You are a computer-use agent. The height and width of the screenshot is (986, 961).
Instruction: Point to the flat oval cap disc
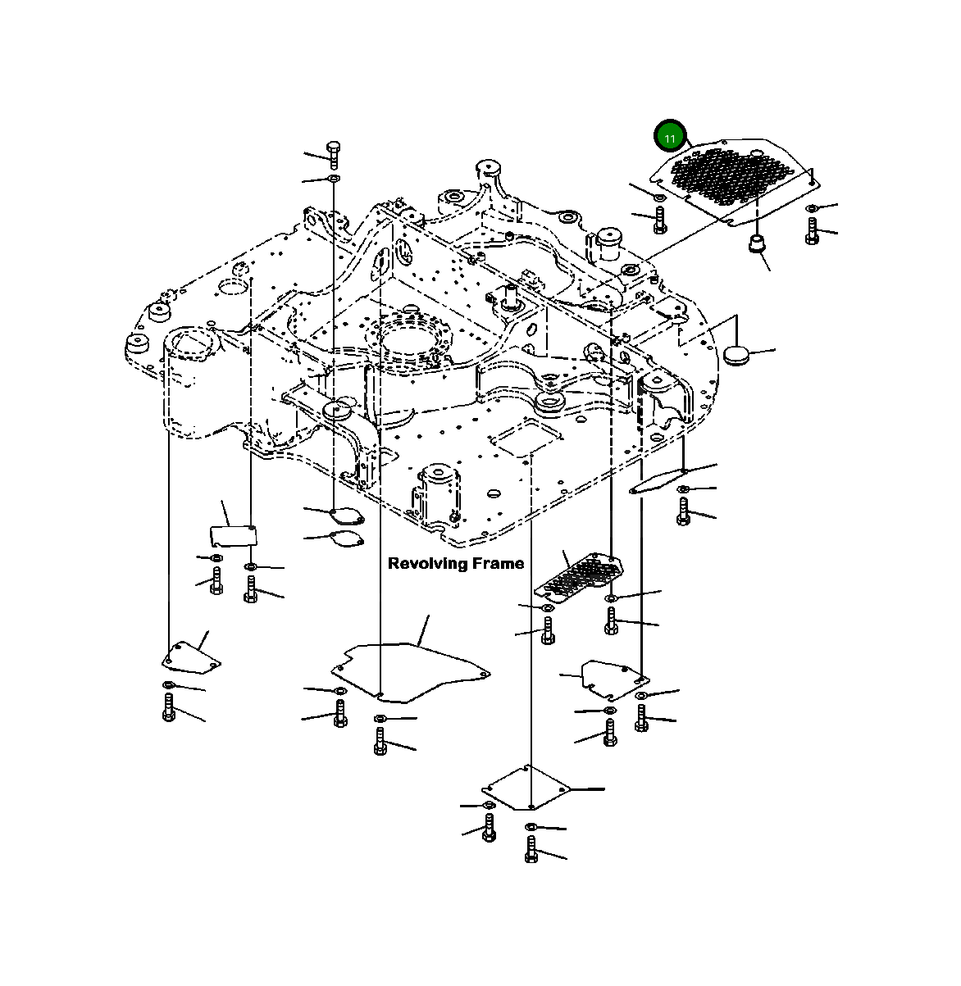coord(738,354)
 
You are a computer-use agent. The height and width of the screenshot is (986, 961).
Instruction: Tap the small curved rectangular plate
coord(232,535)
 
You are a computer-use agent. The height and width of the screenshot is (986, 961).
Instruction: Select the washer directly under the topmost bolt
coord(334,179)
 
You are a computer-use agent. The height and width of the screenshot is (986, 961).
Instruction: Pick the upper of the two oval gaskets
coord(344,515)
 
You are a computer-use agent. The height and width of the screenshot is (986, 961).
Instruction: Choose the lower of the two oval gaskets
coord(345,539)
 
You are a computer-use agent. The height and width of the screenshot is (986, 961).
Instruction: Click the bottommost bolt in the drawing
coord(531,849)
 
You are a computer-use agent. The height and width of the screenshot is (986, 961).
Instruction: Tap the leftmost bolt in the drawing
coord(168,707)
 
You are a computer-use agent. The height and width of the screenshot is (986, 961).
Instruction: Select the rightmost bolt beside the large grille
coord(812,230)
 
